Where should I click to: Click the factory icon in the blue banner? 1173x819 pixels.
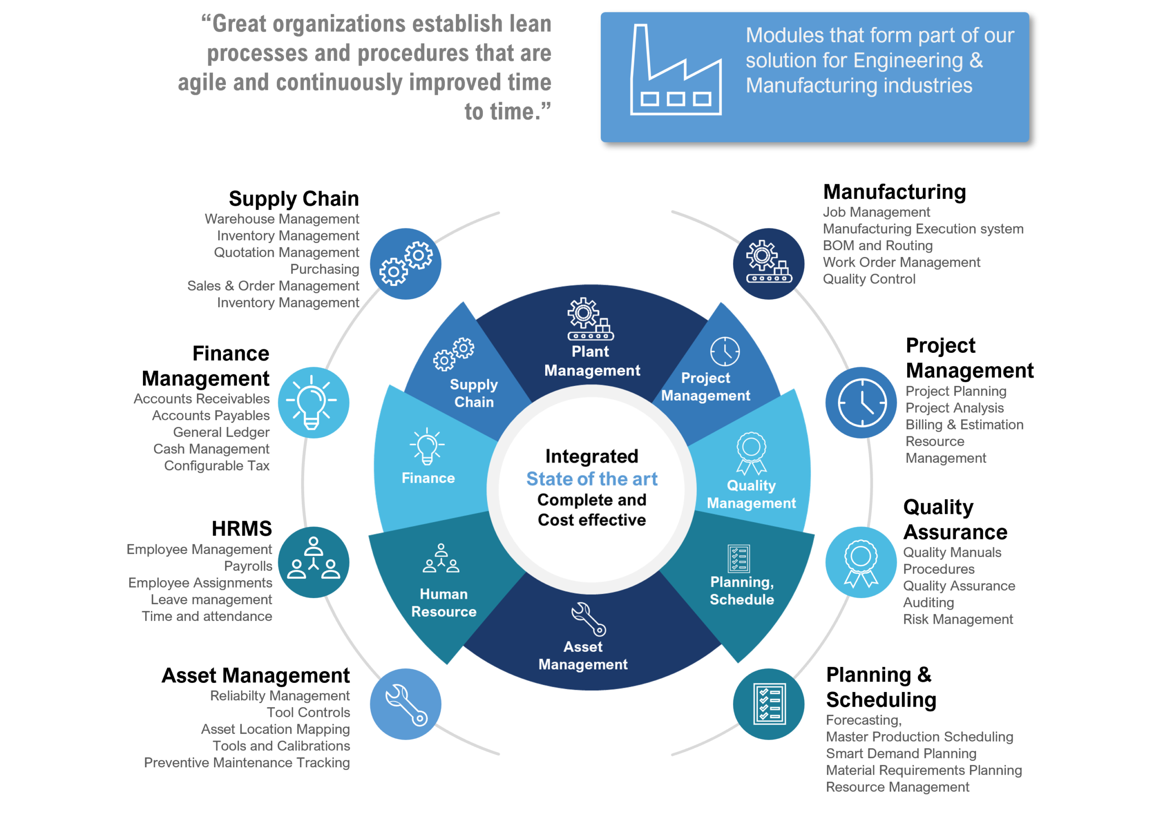675,70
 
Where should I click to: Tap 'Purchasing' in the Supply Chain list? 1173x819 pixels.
324,269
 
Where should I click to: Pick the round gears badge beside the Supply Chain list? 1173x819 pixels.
406,264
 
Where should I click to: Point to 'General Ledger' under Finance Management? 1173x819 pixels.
221,432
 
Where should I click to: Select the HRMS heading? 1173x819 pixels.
241,528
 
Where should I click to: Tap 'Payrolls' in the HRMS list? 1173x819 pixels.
248,566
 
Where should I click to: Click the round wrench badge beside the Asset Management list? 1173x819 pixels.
406,704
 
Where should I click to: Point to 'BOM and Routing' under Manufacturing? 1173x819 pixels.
878,245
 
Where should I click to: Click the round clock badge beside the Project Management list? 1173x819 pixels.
861,402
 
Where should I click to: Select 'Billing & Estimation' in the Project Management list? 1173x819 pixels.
965,424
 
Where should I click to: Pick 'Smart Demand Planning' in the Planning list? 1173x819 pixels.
901,753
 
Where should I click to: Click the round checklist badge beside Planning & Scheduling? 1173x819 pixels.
769,704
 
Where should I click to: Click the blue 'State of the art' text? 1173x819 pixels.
592,479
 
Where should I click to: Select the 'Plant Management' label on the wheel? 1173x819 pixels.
592,361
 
